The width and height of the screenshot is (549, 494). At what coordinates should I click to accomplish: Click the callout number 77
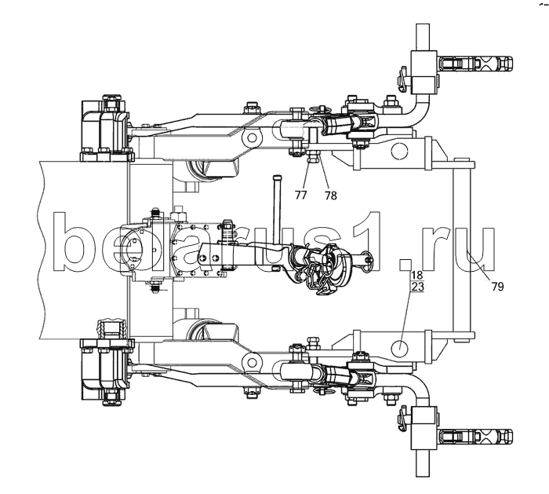point(300,195)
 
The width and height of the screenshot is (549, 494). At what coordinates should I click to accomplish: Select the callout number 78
point(330,195)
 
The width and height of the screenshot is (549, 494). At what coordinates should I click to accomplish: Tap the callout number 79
point(497,287)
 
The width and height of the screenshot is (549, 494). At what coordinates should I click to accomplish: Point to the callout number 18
point(417,275)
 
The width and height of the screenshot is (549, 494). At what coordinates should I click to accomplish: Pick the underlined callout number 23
point(417,287)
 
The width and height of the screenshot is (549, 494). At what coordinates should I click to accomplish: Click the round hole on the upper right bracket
point(399,151)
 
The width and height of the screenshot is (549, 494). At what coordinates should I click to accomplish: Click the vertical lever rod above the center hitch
point(275,210)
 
